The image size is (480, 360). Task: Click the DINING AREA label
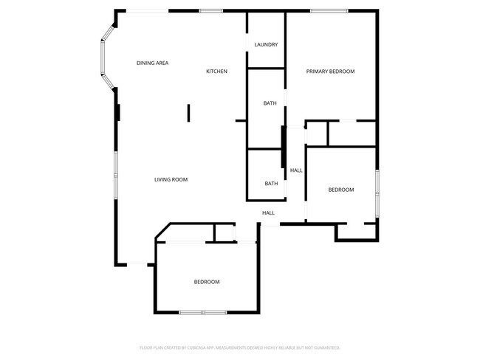tap(152, 63)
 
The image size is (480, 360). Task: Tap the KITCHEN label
tap(216, 71)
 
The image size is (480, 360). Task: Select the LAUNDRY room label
tap(266, 45)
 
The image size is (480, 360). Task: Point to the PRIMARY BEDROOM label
tap(331, 72)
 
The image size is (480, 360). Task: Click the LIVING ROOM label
tap(171, 179)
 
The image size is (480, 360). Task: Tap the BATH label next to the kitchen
tap(270, 103)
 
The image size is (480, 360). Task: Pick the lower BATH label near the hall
tap(271, 184)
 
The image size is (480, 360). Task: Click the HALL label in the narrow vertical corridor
tap(296, 170)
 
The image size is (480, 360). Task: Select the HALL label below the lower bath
tap(268, 213)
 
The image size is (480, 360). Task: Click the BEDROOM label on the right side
tap(341, 190)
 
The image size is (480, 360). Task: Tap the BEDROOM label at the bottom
tap(207, 282)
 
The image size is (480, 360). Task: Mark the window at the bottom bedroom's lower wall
tap(203, 313)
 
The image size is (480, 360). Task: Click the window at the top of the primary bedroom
tap(329, 10)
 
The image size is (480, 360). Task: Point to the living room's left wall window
tap(115, 175)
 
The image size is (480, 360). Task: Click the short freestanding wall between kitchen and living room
tap(189, 112)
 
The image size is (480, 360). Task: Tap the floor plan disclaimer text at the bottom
tap(240, 347)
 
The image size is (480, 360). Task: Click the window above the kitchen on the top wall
tap(211, 10)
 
